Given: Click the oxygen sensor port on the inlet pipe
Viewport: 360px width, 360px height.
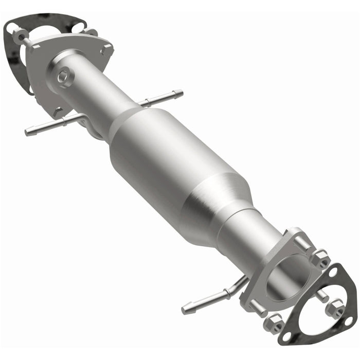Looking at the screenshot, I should (64, 77).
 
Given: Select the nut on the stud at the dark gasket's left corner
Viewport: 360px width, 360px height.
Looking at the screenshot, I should (21, 35).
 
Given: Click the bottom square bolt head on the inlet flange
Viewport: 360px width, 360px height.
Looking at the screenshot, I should (58, 110).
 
